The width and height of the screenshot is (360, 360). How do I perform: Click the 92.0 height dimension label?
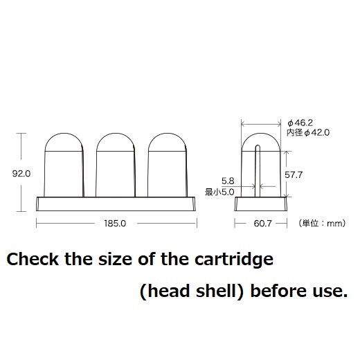click(21, 174)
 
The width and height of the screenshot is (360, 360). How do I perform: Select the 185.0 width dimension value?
click(115, 224)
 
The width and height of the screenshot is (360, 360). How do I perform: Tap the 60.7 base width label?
click(262, 224)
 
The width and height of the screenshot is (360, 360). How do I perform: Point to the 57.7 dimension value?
click(294, 175)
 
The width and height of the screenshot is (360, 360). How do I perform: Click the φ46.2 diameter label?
click(300, 123)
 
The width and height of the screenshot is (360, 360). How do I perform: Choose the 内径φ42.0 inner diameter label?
click(308, 133)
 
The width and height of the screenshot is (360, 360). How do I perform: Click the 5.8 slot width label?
click(228, 181)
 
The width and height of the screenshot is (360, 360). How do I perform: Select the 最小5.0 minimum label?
click(219, 192)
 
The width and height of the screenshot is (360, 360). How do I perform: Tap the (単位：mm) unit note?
click(322, 223)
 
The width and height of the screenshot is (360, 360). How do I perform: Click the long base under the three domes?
click(116, 204)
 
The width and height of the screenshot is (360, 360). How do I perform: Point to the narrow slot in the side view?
click(258, 171)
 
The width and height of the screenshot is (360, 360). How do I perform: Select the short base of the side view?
click(261, 204)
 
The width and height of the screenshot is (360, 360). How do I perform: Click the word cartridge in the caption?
click(234, 260)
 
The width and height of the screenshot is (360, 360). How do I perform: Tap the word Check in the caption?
click(33, 259)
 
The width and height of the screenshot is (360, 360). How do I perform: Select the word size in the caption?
click(115, 259)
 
